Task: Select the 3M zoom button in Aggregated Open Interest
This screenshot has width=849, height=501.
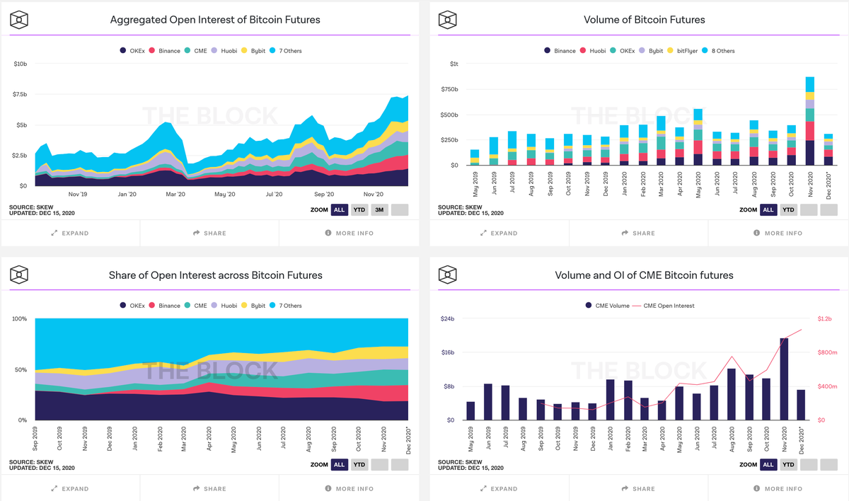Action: [x=379, y=209]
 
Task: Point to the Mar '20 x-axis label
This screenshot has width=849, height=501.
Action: [x=175, y=194]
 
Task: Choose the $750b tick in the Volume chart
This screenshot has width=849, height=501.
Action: [x=449, y=89]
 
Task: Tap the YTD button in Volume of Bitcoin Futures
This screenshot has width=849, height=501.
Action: [x=787, y=209]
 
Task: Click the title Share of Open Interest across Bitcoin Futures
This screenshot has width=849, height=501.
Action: [x=215, y=275]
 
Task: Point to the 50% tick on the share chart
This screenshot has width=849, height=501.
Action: [x=21, y=369]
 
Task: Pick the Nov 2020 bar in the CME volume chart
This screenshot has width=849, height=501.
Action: [x=784, y=379]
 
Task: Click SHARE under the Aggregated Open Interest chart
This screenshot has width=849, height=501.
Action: [x=209, y=233]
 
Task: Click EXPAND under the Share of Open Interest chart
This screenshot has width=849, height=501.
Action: [x=70, y=488]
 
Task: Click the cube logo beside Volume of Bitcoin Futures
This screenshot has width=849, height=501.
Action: [x=447, y=20]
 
